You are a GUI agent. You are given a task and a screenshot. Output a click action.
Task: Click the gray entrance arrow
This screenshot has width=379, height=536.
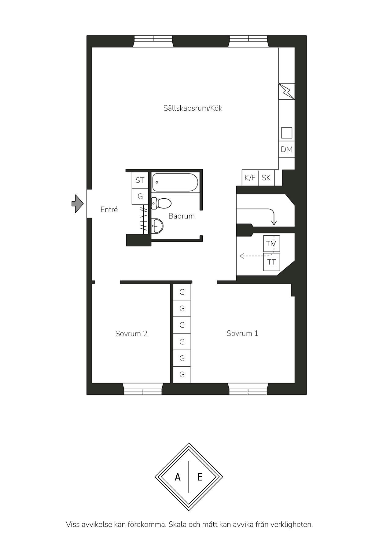(77, 204)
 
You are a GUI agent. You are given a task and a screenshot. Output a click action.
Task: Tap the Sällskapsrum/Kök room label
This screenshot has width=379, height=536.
(193, 108)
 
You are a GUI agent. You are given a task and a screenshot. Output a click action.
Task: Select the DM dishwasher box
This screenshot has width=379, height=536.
(287, 149)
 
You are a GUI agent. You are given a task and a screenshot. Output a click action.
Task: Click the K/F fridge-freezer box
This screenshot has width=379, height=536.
(250, 178)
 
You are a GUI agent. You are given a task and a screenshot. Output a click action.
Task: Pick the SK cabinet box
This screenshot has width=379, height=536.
(266, 178)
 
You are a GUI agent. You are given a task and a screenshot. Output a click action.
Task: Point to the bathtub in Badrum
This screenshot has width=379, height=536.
(175, 182)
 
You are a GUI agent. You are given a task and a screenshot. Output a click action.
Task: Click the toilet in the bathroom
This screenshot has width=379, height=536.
(161, 203)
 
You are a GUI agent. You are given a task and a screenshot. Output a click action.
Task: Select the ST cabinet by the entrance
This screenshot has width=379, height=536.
(140, 180)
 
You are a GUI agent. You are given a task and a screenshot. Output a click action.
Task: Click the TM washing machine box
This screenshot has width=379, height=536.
(271, 244)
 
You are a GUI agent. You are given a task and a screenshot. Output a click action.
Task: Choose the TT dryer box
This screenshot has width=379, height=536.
(271, 262)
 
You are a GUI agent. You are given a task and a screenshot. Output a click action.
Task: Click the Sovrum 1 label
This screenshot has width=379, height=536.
(242, 333)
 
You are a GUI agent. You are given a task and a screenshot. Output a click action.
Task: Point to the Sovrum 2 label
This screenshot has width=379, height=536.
(131, 333)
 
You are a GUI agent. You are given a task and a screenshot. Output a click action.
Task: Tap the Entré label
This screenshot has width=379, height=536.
(109, 210)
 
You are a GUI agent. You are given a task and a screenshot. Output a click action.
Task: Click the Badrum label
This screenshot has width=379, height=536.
(182, 216)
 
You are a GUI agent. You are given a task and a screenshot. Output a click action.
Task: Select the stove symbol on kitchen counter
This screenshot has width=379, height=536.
(287, 91)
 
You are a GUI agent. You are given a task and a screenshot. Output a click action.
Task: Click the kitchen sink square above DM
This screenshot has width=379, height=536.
(287, 133)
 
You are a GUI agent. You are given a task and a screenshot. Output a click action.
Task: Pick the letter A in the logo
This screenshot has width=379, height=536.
(178, 477)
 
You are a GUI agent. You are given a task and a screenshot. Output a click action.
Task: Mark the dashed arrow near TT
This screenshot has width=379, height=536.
(257, 255)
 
